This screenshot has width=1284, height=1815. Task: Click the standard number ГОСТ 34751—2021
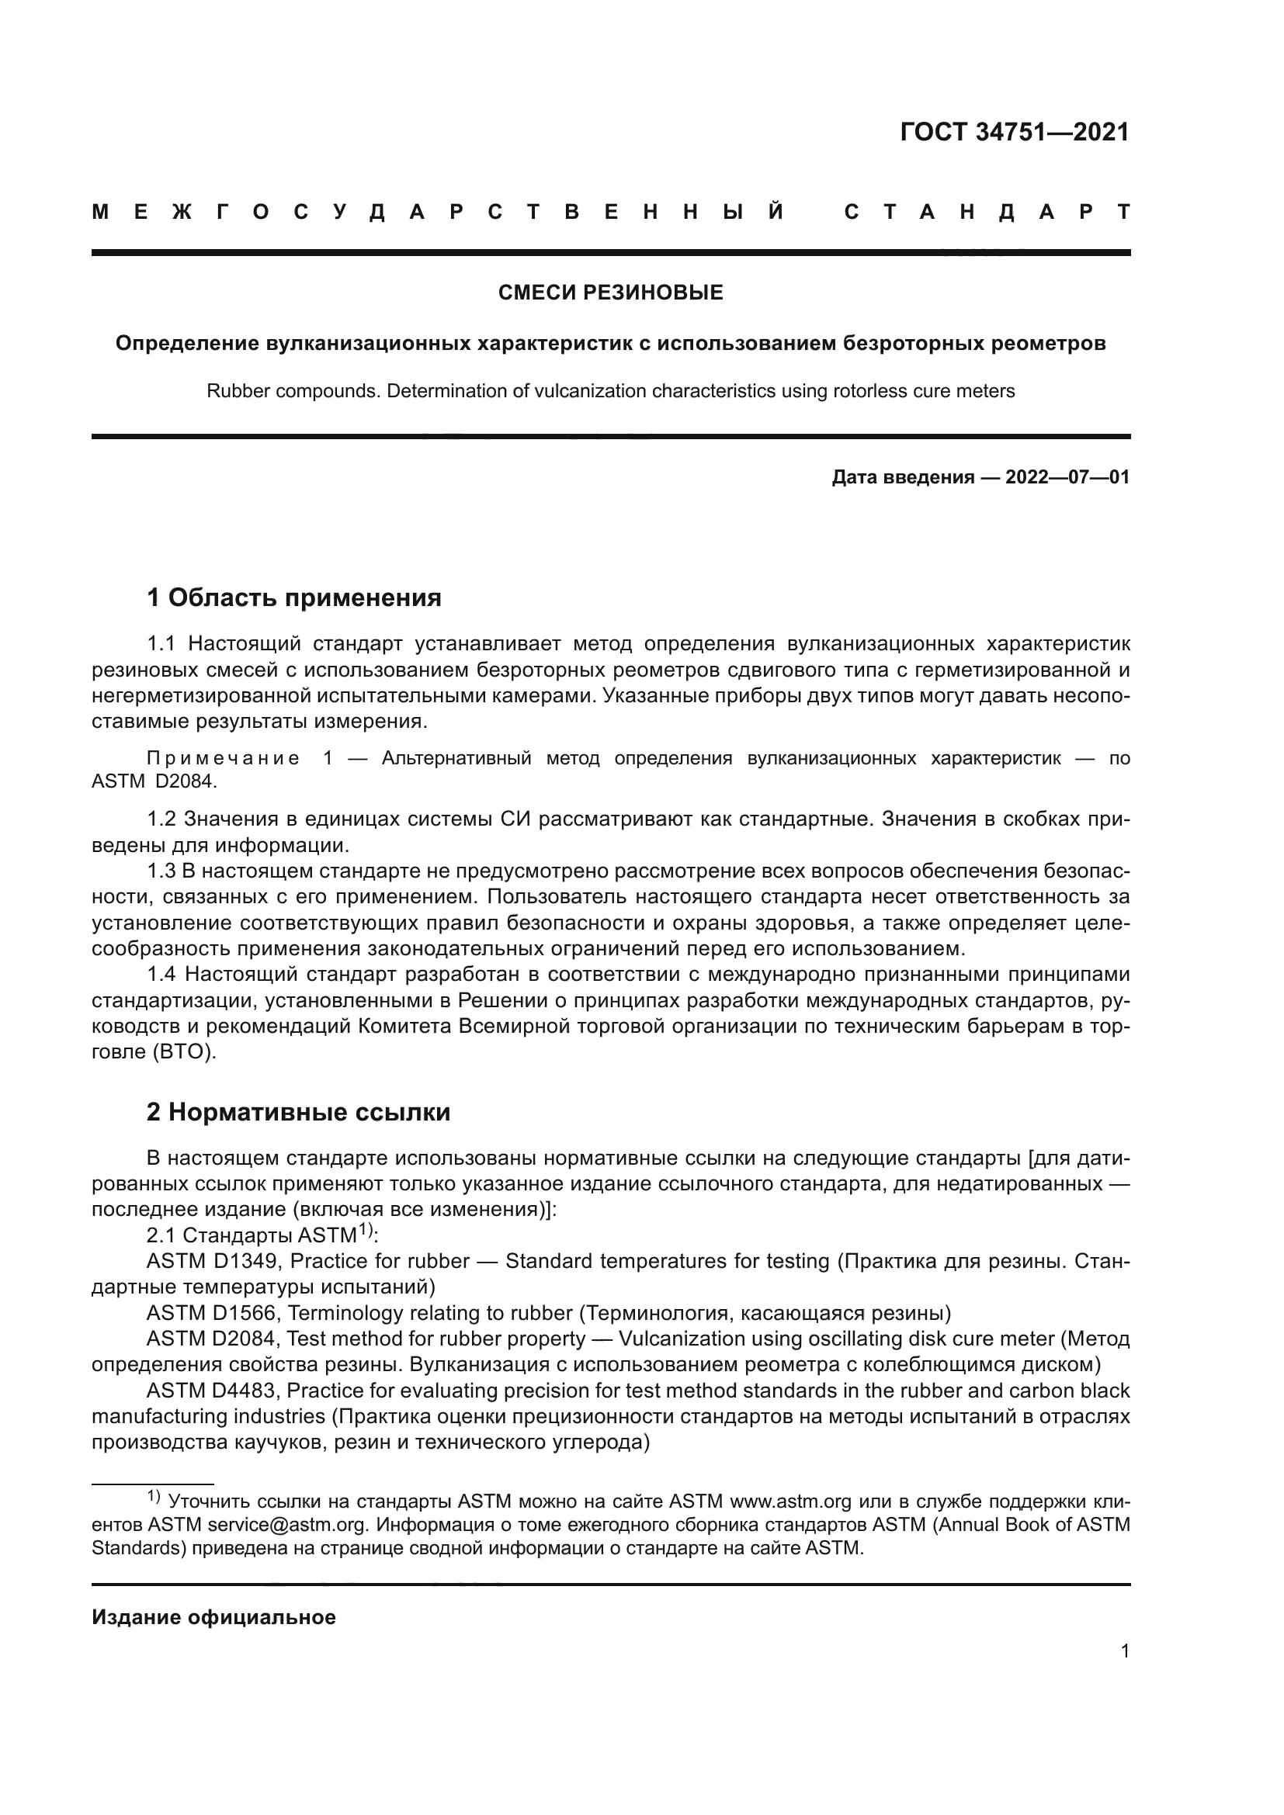(x=1015, y=132)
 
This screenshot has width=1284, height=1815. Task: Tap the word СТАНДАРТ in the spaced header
(x=987, y=212)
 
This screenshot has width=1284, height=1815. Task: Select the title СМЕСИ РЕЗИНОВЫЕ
(x=610, y=293)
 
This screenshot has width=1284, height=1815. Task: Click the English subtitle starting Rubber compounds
(x=610, y=391)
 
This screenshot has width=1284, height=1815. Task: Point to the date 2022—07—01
(x=1067, y=477)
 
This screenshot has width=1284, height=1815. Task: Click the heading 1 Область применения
(x=293, y=597)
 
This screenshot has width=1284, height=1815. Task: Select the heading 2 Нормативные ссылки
(x=298, y=1112)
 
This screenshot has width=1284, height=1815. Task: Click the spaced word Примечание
(x=223, y=759)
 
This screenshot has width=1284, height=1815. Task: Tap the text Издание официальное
(x=213, y=1617)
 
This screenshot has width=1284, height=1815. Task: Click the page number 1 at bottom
(x=1124, y=1651)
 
